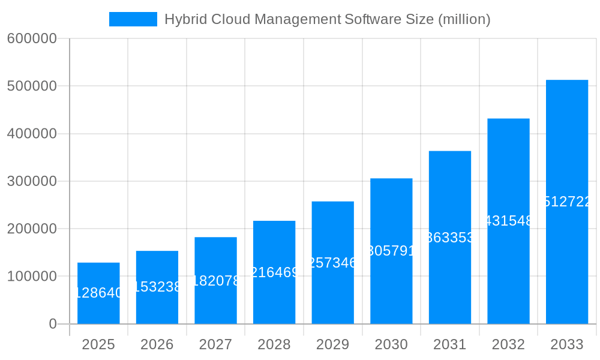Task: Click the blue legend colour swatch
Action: point(133,19)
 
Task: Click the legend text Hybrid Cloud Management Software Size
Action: point(327,19)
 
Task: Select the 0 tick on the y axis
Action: point(52,324)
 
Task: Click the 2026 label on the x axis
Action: point(157,344)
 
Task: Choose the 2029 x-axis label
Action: point(332,344)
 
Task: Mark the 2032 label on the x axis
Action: point(508,344)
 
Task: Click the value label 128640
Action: point(98,293)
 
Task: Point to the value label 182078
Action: point(216,280)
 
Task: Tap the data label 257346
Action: point(333,262)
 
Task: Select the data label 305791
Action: point(391,251)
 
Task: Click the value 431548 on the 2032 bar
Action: point(508,221)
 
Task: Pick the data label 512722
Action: point(567,202)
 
